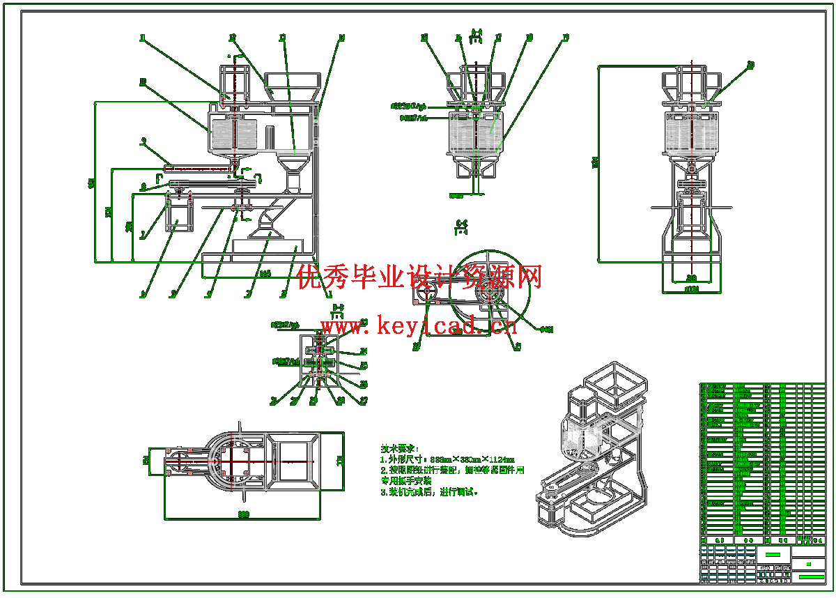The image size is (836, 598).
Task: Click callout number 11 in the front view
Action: pyautogui.click(x=143, y=38)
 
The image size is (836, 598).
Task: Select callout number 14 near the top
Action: pyautogui.click(x=342, y=38)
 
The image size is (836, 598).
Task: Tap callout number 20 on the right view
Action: pyautogui.click(x=750, y=65)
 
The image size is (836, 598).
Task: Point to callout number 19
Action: pyautogui.click(x=565, y=38)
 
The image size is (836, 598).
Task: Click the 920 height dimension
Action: pyautogui.click(x=91, y=183)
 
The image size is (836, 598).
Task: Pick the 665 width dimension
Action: pyautogui.click(x=265, y=274)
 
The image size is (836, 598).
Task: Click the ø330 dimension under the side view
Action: pyautogui.click(x=691, y=289)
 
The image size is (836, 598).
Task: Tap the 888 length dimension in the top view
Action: pyautogui.click(x=243, y=514)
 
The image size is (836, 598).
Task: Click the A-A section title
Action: pyautogui.click(x=477, y=32)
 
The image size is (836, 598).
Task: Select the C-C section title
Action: pyautogui.click(x=461, y=224)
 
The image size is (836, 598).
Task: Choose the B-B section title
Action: pyautogui.click(x=338, y=307)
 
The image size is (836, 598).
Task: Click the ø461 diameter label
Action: pyautogui.click(x=547, y=329)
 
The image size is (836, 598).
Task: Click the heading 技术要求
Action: pyautogui.click(x=401, y=448)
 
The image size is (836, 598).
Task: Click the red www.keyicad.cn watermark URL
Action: pyautogui.click(x=418, y=325)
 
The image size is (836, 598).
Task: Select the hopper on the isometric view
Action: pyautogui.click(x=617, y=383)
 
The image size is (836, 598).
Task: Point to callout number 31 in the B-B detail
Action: pyautogui.click(x=274, y=400)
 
